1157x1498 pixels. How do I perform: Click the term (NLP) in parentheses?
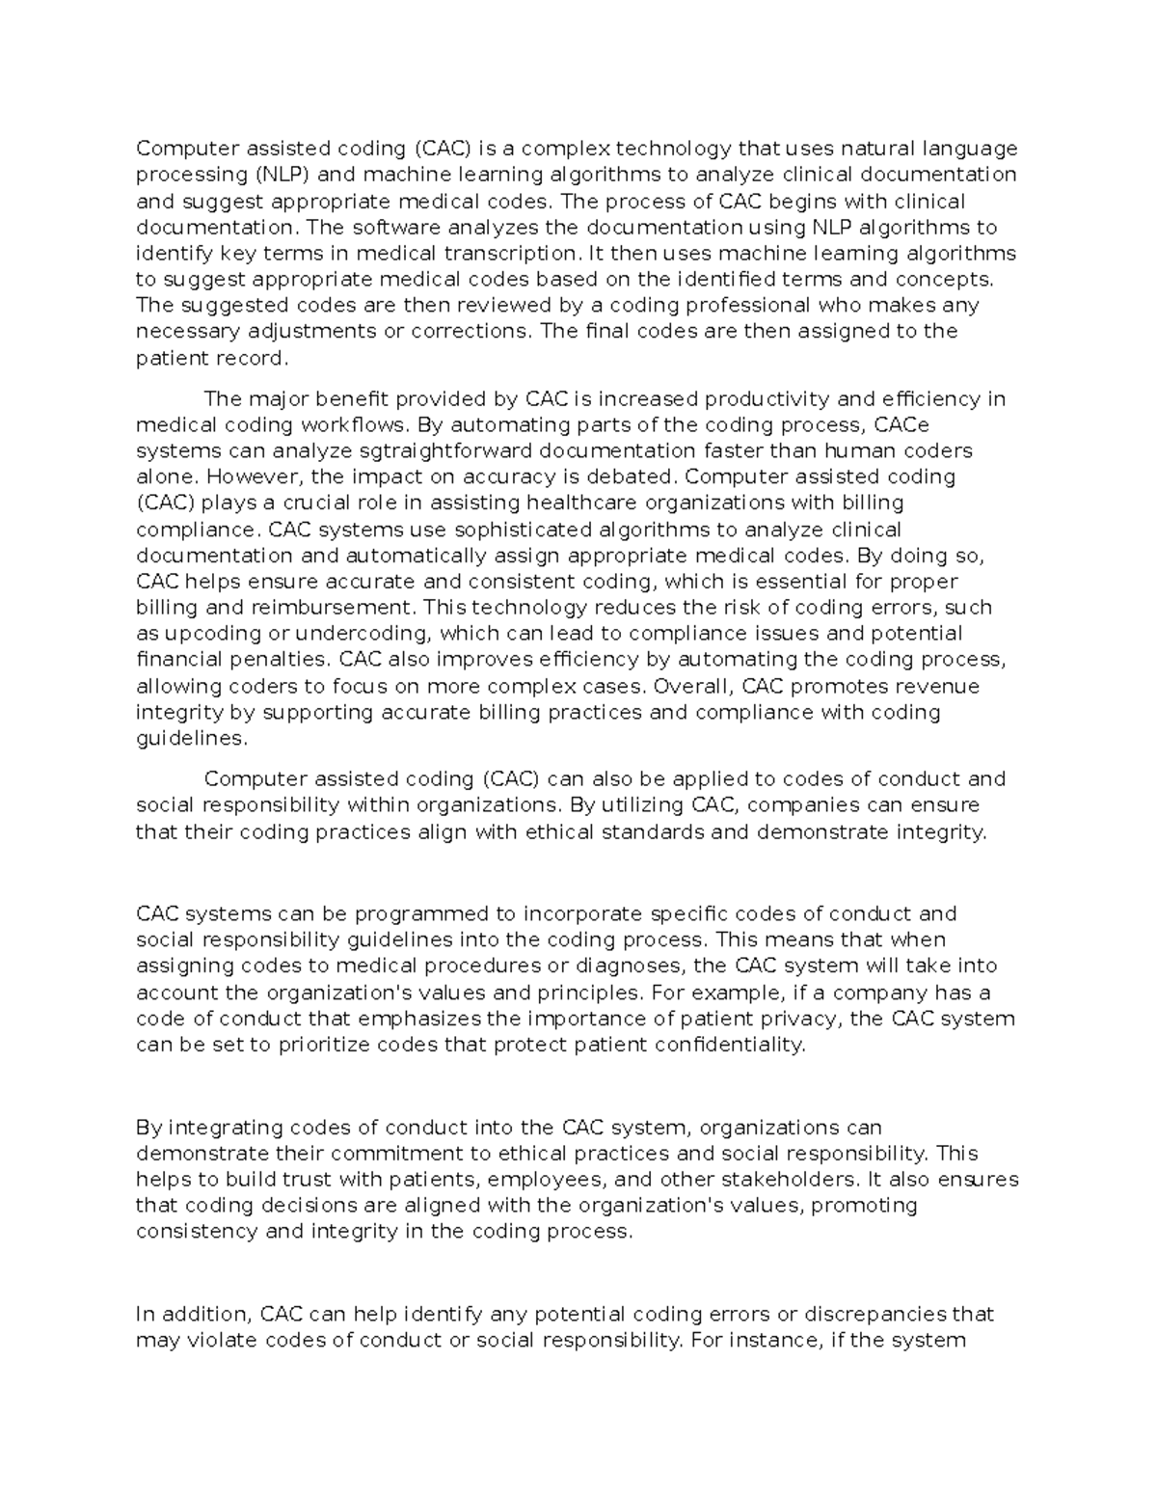point(283,175)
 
